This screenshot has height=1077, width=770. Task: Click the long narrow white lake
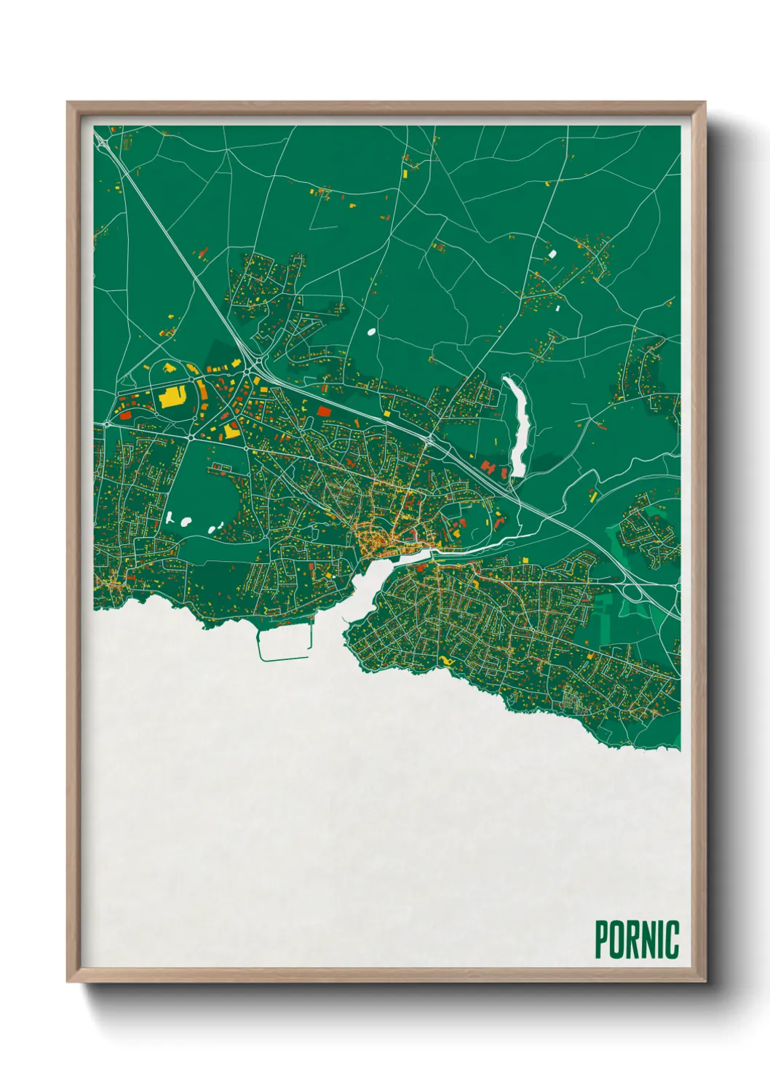(x=519, y=426)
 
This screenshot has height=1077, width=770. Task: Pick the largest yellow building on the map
(x=172, y=396)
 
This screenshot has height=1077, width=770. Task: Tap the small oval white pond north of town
(x=372, y=332)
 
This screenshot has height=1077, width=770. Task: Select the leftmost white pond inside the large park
(x=170, y=518)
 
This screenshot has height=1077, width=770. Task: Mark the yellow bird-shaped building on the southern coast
(x=445, y=661)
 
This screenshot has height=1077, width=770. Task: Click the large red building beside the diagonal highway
(x=323, y=411)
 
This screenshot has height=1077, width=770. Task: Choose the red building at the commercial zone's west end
(x=124, y=414)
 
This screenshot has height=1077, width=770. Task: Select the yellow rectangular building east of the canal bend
(x=592, y=496)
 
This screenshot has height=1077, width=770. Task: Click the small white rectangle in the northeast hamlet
(x=552, y=254)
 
